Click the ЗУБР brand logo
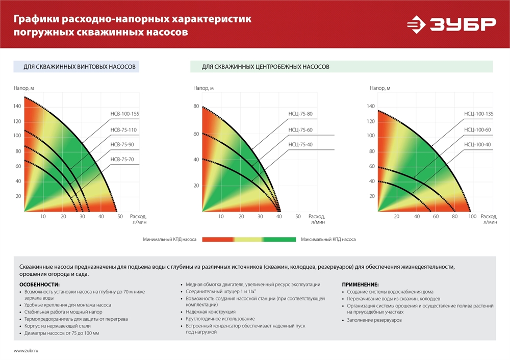451,24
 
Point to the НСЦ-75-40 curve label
300,145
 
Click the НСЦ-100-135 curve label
478,115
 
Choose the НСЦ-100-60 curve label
478,130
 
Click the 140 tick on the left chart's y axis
17,106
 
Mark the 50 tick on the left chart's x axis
120,217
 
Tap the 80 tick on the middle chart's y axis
196,107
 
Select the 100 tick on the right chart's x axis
472,217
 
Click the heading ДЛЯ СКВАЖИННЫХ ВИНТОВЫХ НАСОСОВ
80,67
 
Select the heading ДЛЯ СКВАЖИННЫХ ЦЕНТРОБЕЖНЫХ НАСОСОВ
265,67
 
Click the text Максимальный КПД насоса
328,239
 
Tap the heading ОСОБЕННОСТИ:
39,284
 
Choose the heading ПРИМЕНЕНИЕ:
360,284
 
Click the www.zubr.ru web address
26,351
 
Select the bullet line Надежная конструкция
211,312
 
